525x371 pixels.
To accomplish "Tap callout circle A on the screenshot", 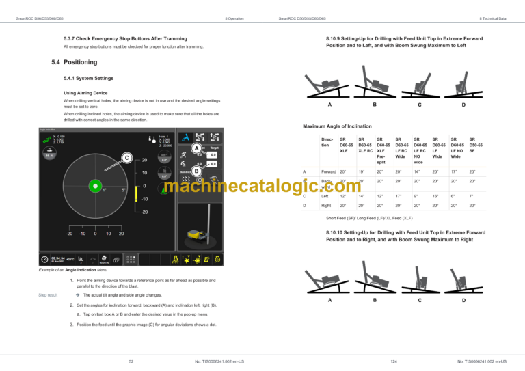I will tap(197, 149).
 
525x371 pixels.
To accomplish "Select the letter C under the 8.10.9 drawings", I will tap(418, 105).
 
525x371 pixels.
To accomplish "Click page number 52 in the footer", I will tap(131, 360).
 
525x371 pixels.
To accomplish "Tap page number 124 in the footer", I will tap(394, 360).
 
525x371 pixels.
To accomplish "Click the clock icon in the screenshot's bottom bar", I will tap(45, 259).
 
